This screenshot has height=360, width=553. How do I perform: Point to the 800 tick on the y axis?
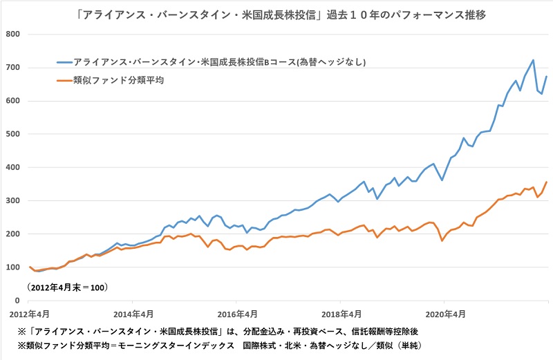[x=13, y=34]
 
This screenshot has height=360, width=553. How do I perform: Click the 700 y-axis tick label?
[x=13, y=68]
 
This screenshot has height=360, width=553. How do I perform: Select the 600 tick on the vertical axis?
[x=13, y=101]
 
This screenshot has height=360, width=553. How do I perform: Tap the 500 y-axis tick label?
[x=13, y=134]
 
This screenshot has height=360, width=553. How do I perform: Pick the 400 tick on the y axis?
[x=13, y=167]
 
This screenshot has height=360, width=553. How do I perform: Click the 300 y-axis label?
[x=13, y=200]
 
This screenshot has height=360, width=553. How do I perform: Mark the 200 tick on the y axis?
[x=13, y=234]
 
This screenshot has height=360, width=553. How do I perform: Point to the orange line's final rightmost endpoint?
[x=547, y=182]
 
